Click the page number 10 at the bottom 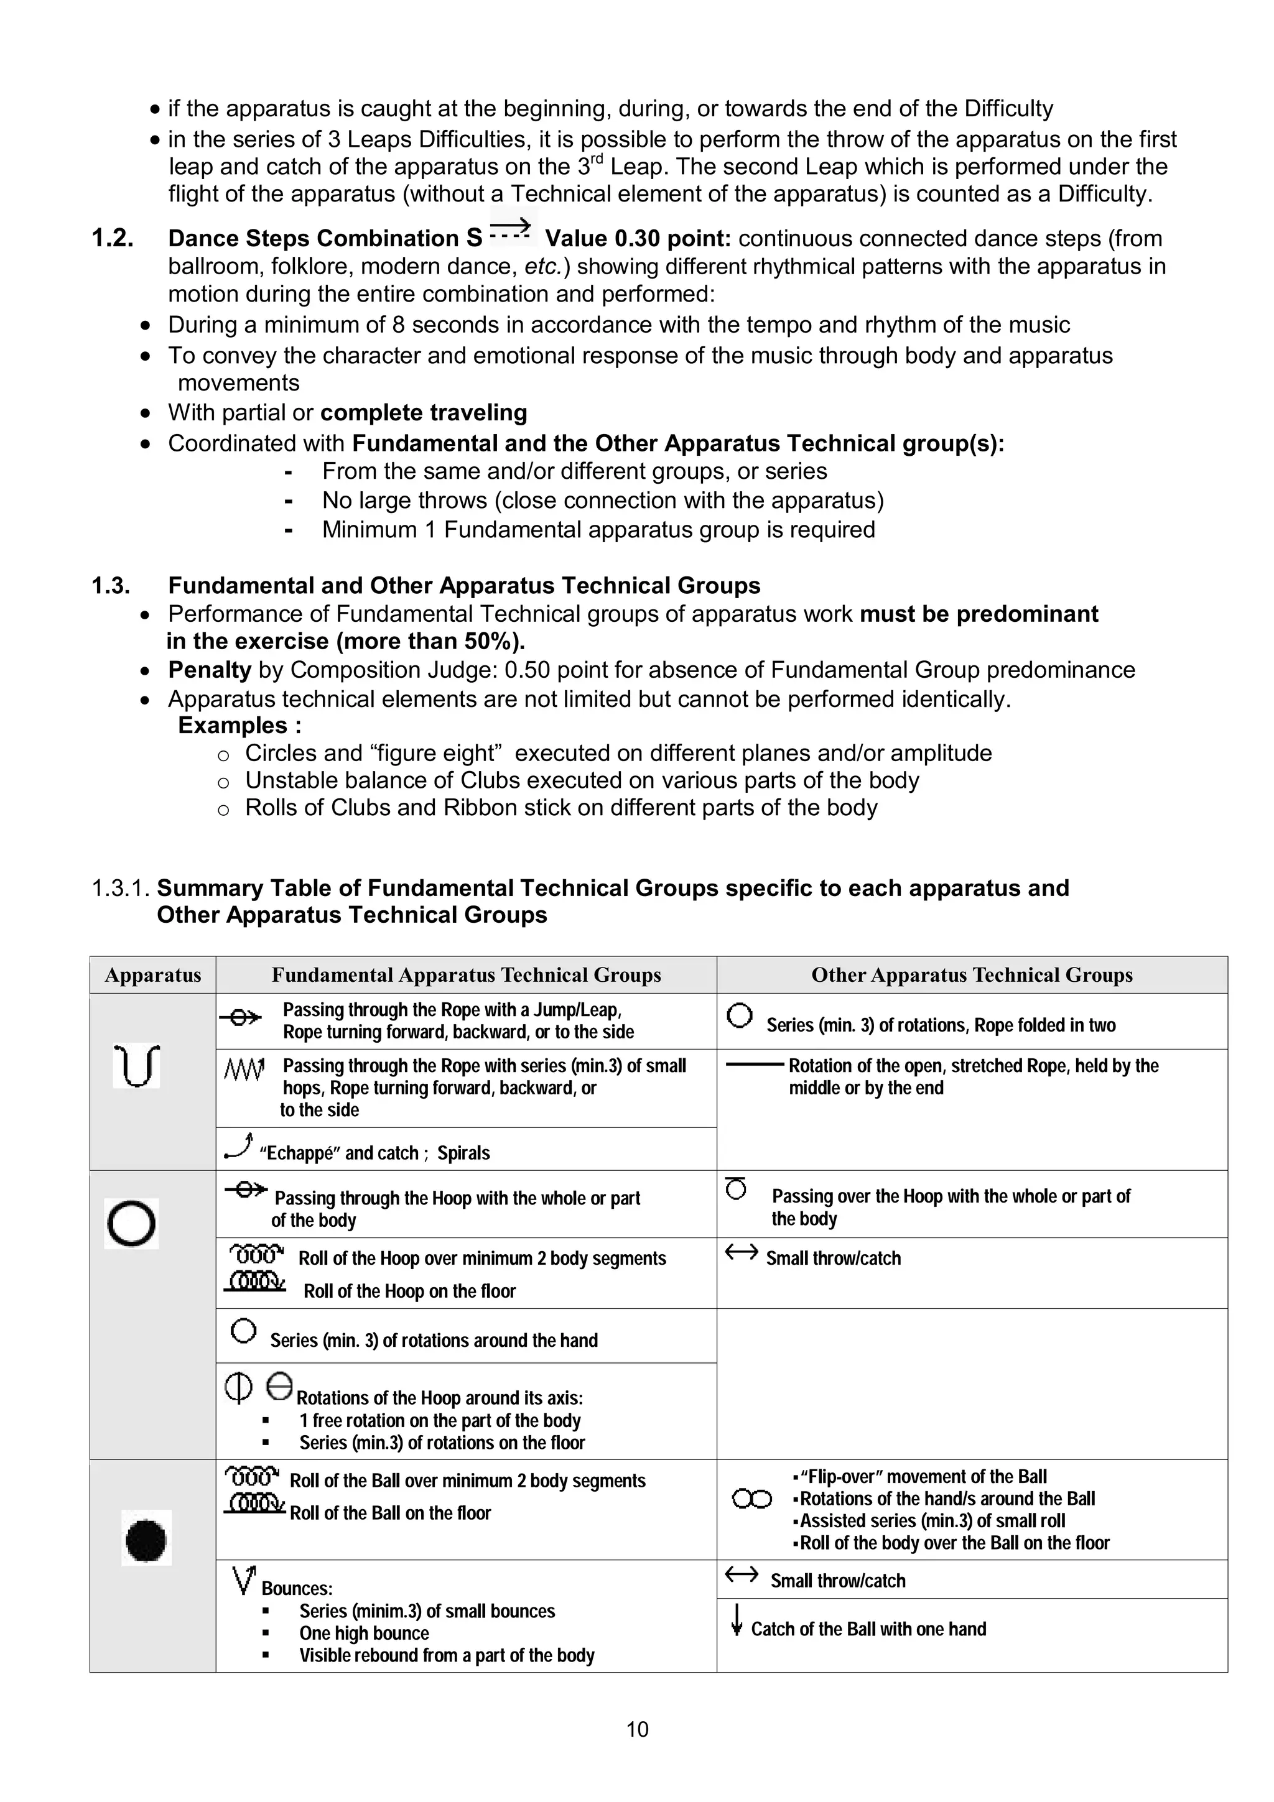636,1729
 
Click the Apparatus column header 153,975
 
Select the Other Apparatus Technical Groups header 972,975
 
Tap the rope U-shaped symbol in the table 137,1066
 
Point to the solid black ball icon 146,1540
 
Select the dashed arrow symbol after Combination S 511,230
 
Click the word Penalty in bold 210,670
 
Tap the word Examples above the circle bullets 233,725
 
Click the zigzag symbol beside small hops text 244,1068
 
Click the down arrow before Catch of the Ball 737,1620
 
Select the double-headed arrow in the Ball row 741,1574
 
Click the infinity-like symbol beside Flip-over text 751,1500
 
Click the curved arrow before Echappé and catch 238,1147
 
